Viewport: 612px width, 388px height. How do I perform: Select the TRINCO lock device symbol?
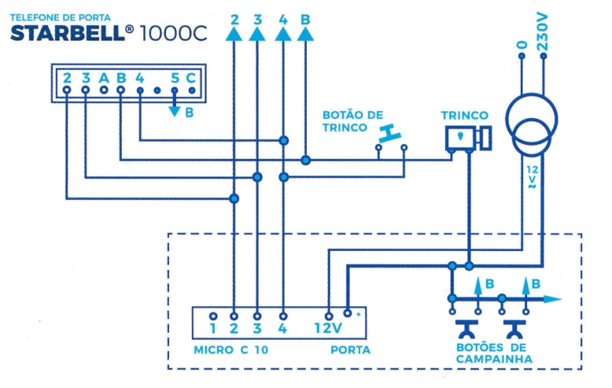pos(467,138)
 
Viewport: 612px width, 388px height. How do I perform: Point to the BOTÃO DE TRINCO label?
pos(352,121)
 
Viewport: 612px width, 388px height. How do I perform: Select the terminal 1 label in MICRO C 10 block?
pos(213,330)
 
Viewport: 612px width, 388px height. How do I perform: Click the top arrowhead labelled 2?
pos(233,33)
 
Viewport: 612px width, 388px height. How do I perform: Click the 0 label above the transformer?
pos(522,45)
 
